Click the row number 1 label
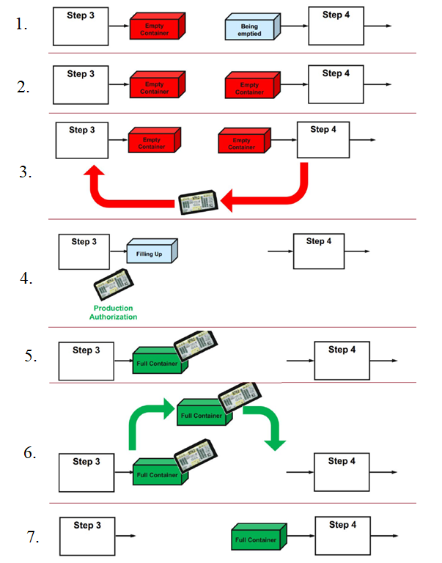22,24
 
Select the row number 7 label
33,537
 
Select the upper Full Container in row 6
204,414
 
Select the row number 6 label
30,453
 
